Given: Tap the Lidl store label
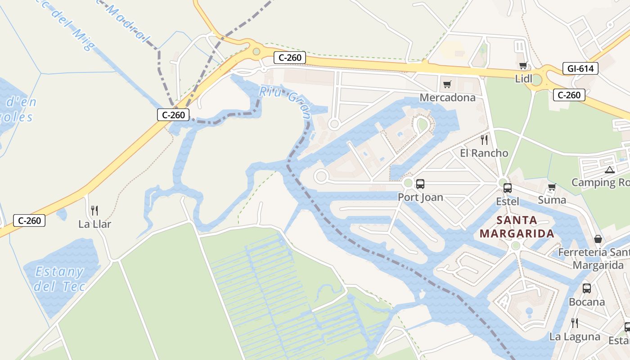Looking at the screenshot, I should (524, 79).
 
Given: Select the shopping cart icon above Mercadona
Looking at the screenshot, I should (447, 84).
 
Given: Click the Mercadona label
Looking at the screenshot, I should (447, 98).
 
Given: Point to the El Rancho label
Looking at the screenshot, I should (484, 153).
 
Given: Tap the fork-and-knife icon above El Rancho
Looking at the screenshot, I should (484, 139).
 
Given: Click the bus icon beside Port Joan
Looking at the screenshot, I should (420, 184).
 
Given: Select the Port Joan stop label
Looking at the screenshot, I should (420, 197).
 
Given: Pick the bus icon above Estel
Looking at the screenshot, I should (508, 188).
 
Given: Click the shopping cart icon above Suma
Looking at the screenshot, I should (552, 187).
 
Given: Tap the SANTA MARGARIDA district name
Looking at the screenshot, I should (517, 227).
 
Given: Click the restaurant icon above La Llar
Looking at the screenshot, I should (94, 210).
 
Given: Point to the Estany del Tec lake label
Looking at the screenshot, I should (59, 279).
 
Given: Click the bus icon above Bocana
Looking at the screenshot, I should (586, 288).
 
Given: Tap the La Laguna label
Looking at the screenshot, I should (575, 337).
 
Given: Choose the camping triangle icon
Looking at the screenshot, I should (609, 170).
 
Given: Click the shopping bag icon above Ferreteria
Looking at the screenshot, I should (598, 238).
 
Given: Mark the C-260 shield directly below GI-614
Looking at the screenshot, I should (569, 95).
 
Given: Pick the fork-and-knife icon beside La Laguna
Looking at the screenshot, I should (575, 323).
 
